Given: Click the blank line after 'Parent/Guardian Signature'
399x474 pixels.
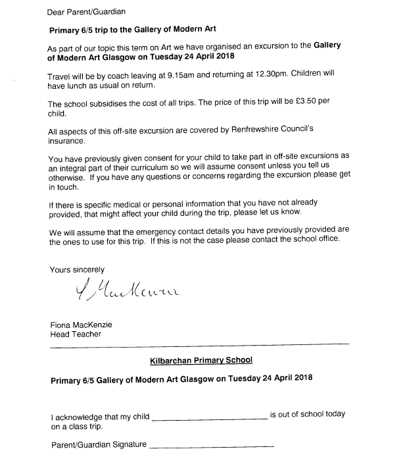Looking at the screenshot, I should point(211,448).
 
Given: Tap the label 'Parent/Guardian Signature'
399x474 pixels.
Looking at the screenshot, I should point(99,445).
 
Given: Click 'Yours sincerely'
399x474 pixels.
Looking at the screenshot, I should point(77,269).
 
